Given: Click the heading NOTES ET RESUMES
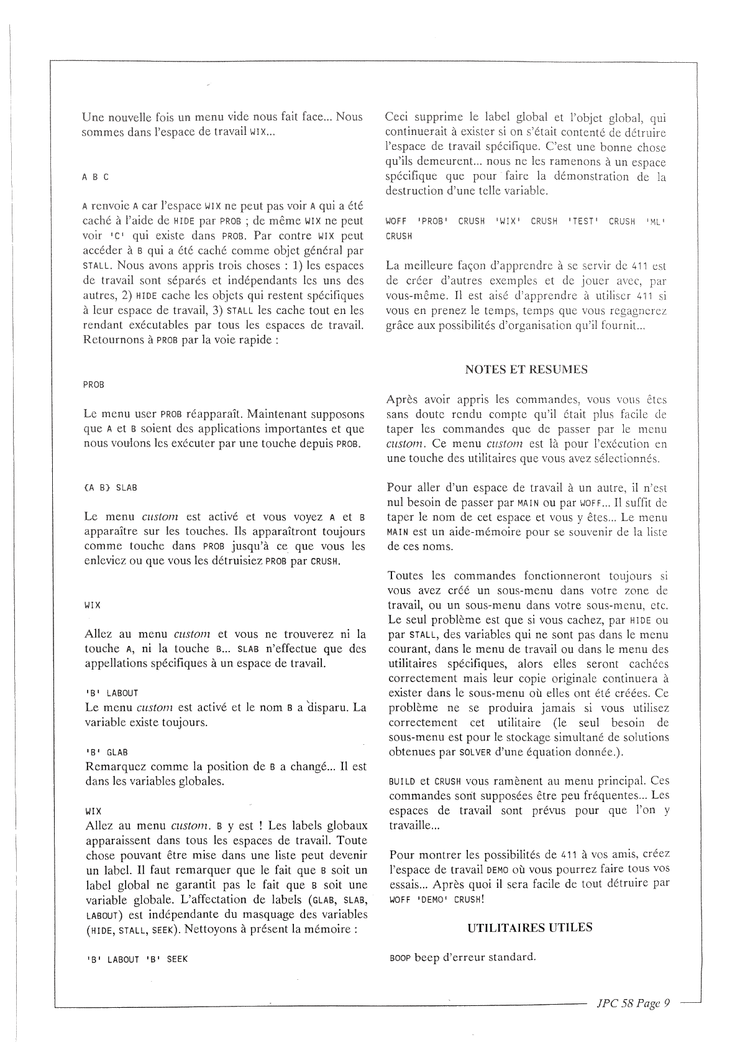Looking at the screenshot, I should click(526, 369).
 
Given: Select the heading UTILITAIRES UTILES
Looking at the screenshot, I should click(529, 927).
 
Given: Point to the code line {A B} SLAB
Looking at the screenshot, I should click(110, 487).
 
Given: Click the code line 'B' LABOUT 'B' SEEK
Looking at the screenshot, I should click(136, 959).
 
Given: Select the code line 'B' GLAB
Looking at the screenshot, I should click(106, 752).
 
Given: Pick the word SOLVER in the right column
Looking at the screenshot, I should click(459, 753).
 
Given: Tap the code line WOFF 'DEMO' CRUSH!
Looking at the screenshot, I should click(436, 900).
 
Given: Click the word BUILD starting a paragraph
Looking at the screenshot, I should click(401, 781).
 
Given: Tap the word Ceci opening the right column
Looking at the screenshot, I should click(398, 117).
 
